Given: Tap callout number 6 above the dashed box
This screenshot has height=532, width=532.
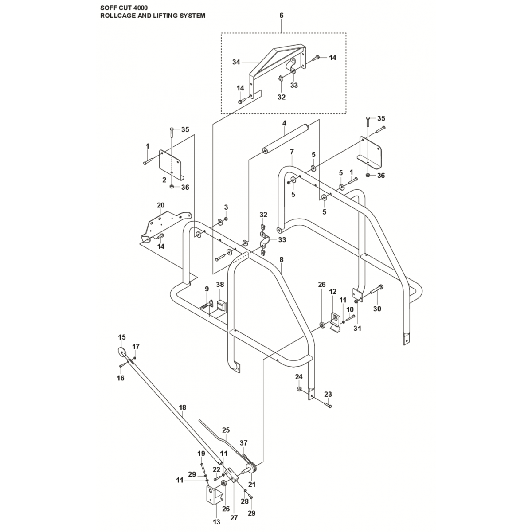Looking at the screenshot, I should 281,16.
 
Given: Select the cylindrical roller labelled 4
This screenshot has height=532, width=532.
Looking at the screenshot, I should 284,140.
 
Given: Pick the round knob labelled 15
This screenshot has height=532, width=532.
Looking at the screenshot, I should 121,352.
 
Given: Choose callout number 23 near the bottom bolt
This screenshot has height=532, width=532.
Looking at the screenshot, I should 328,394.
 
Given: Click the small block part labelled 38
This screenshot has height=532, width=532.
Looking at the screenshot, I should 220,306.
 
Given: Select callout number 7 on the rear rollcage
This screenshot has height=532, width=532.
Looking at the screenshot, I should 292,152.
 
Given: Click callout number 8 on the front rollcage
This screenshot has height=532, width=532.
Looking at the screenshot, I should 281,259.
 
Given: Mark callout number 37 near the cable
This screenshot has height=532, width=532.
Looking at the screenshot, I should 243,442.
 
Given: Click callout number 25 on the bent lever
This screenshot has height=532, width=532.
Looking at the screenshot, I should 226,430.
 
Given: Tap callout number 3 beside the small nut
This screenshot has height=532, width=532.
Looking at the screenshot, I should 226,207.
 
